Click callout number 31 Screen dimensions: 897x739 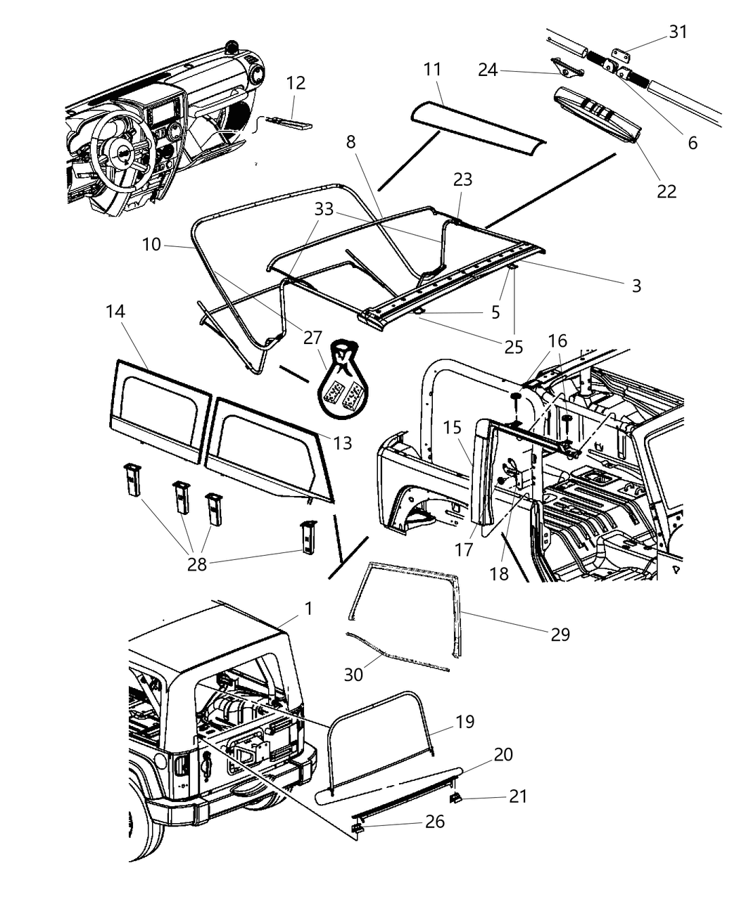coord(678,32)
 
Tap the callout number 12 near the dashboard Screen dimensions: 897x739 coord(296,83)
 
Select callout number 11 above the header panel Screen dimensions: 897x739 coord(432,70)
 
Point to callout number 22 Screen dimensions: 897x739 coord(666,191)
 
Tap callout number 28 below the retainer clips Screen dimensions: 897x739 coord(197,564)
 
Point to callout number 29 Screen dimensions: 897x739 coord(560,634)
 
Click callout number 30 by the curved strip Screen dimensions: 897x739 coord(353,674)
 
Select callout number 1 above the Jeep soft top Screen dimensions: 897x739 coord(308,609)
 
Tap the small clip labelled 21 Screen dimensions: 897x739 coord(456,798)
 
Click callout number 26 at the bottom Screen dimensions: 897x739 coord(435,821)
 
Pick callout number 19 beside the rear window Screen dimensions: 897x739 coord(465,722)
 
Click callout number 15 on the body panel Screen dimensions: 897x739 coord(452,427)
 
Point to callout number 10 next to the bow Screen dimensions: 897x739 coord(151,245)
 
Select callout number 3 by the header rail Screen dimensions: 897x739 coord(636,285)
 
